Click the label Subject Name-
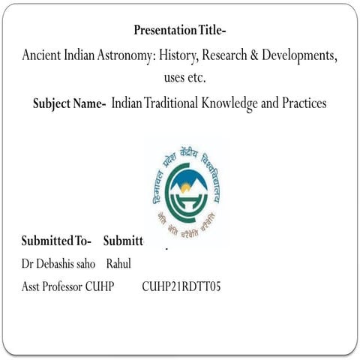tap(69, 103)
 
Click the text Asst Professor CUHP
tap(67, 287)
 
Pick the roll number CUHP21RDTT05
tap(181, 287)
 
